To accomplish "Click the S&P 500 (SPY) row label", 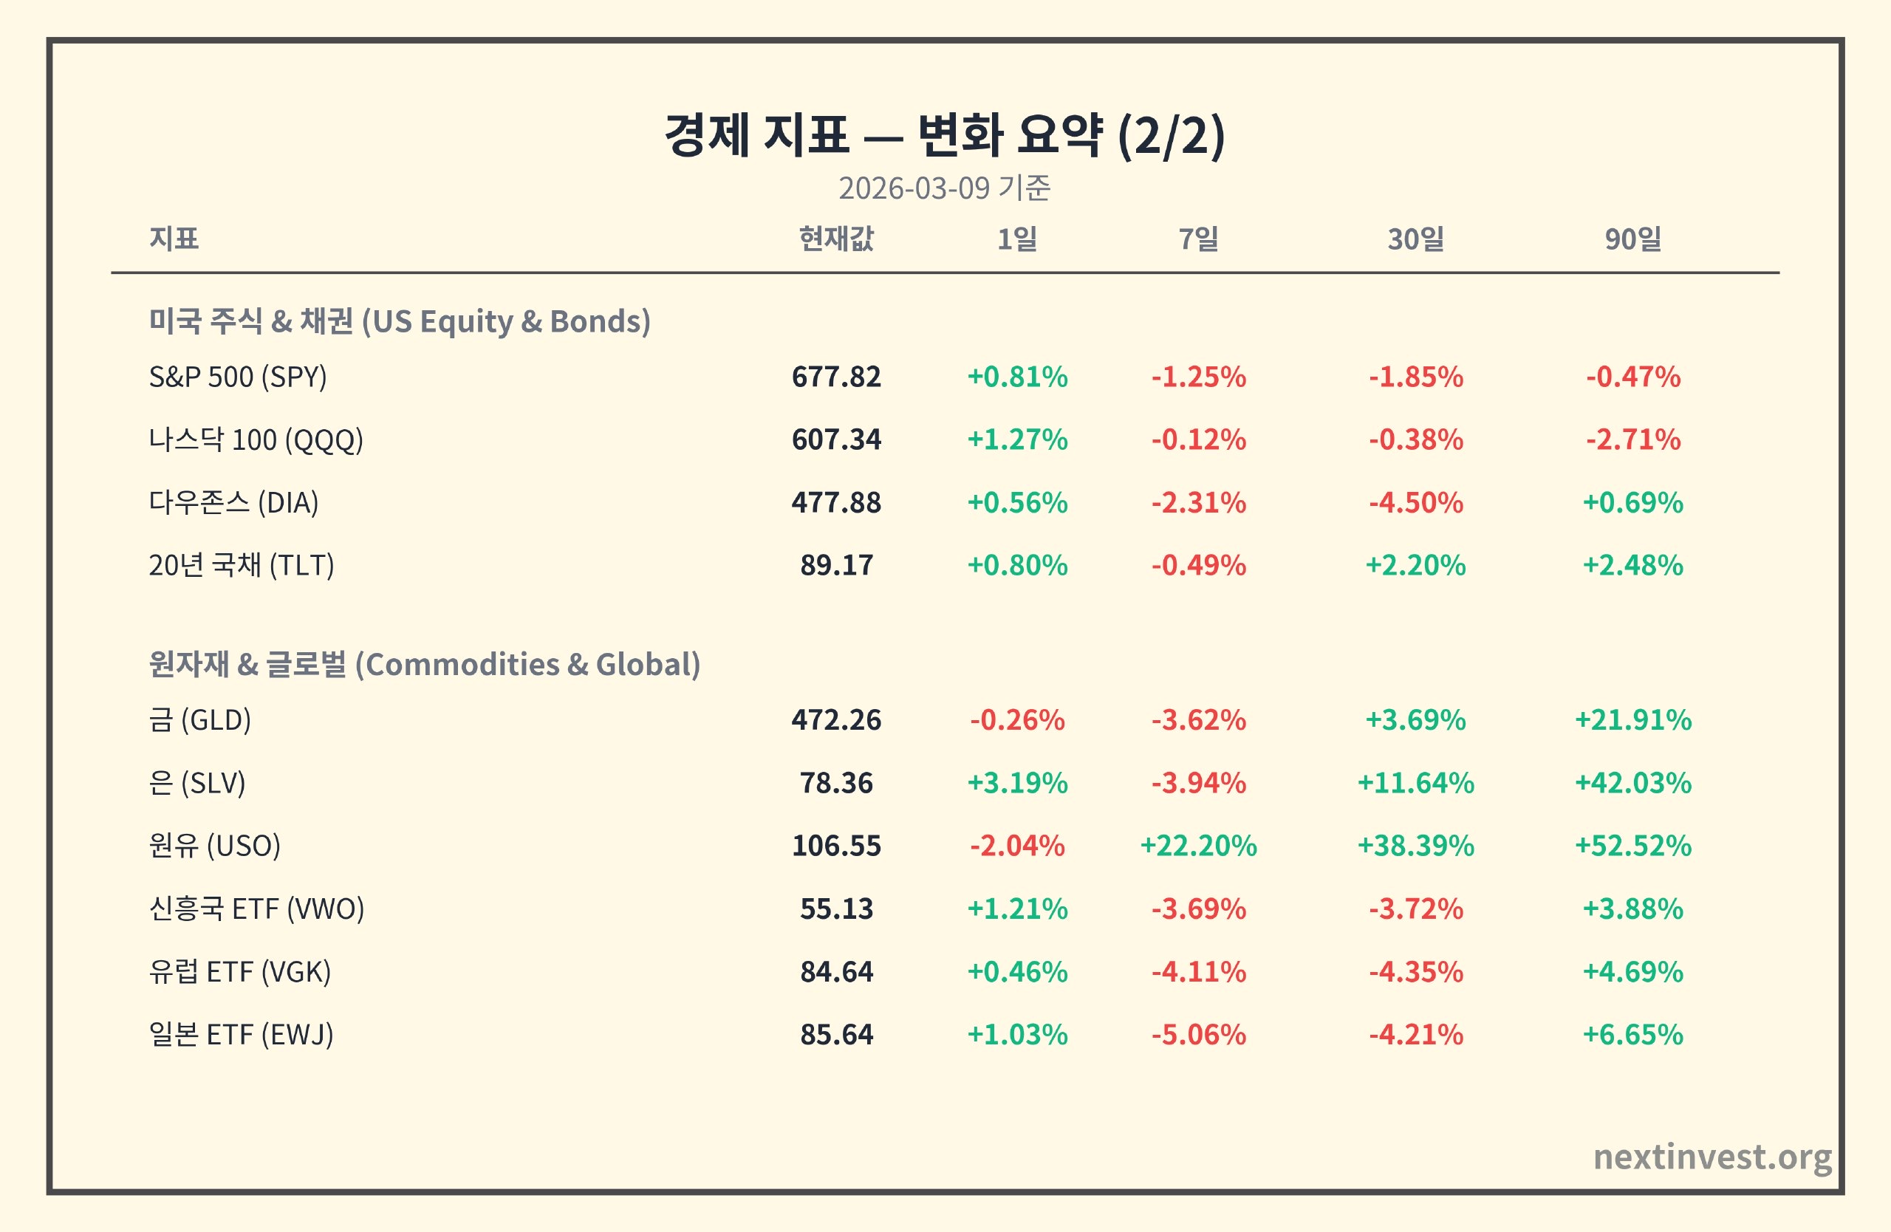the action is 238,377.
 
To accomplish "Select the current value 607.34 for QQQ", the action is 836,439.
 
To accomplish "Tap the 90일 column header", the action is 1632,239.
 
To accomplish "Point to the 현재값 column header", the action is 836,239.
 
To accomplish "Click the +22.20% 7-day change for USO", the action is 1198,845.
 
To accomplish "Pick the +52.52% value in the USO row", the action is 1632,845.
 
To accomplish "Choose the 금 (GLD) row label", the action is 199,719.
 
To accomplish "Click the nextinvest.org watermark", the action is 1712,1157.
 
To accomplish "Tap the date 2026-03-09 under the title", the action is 914,188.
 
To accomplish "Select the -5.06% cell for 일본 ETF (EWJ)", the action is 1198,1034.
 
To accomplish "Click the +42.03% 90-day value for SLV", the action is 1632,782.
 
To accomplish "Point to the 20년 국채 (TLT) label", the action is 242,565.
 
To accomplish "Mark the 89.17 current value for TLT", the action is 836,565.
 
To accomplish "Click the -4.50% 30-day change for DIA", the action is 1415,502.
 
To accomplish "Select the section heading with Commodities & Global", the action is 424,664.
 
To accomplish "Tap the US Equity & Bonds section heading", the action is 400,321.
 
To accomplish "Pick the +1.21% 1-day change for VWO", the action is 1017,908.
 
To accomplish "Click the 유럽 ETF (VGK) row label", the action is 239,971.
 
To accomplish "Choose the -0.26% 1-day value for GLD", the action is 1017,719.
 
